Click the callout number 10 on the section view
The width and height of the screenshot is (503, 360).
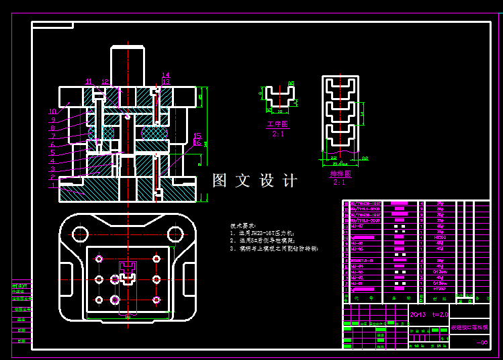pos(52,111)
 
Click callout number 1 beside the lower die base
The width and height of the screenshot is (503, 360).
pos(52,185)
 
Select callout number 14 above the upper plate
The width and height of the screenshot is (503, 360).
pos(166,75)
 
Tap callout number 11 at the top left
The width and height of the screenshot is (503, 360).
pos(88,81)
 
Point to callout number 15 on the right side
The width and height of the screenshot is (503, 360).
pos(197,136)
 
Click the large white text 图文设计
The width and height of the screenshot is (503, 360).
pos(255,181)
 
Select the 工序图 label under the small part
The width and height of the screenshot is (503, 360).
pos(277,124)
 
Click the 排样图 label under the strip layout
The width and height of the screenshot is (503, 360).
pos(340,174)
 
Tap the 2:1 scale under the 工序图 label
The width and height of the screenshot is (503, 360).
pos(277,134)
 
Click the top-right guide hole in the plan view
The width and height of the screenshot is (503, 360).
pos(175,234)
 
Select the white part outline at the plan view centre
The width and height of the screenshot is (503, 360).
pos(128,275)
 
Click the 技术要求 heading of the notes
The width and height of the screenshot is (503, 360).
pos(242,226)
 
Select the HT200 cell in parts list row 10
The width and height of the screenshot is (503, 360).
pos(440,237)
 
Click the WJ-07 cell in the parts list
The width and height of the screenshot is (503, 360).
pos(357,226)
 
